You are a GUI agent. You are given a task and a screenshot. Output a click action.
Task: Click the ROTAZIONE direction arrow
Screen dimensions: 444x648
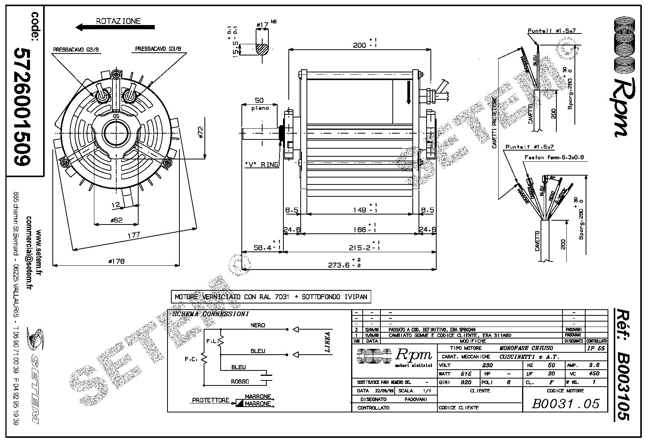coord(115,27)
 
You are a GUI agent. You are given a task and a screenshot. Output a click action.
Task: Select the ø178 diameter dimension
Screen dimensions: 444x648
coord(117,261)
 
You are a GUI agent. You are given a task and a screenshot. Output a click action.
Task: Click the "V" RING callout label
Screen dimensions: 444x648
coord(261,164)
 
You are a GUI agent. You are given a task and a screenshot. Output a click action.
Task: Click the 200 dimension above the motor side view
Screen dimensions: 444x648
coord(360,45)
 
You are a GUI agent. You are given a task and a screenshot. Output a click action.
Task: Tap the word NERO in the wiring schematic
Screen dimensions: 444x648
coord(258,325)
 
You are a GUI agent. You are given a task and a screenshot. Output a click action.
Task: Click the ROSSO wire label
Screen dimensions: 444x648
coord(240,382)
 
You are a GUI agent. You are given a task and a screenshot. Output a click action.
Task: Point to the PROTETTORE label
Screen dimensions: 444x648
coord(211,400)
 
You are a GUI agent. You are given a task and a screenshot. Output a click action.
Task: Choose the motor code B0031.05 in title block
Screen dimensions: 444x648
coord(566,403)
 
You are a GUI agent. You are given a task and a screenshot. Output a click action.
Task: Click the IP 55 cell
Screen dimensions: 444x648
coord(596,348)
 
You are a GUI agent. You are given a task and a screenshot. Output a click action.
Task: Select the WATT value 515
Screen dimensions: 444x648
coord(466,374)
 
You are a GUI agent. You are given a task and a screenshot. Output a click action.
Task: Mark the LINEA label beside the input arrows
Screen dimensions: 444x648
coord(328,342)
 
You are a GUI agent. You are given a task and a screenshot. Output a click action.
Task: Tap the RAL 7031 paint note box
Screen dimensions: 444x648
coord(271,297)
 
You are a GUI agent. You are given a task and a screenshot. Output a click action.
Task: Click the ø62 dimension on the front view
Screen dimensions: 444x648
coord(116,220)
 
